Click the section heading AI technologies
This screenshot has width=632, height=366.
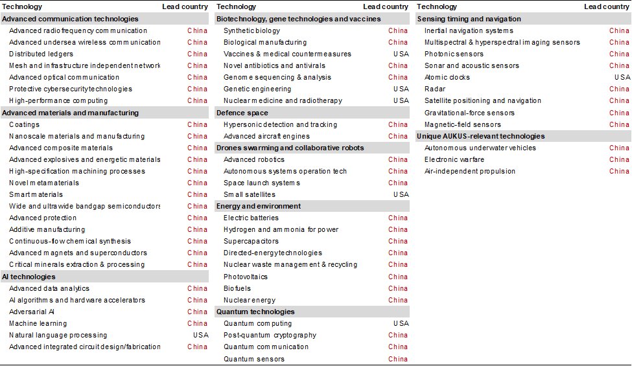[29, 277]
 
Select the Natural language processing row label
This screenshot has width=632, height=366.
[58, 335]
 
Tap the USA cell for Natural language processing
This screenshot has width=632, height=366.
[200, 335]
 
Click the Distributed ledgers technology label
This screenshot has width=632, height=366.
[41, 54]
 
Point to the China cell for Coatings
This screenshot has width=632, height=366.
[198, 124]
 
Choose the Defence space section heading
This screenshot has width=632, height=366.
[242, 113]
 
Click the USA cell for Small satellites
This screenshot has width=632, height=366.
[401, 194]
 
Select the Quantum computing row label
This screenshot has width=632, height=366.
[257, 323]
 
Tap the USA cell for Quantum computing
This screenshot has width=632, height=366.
[401, 323]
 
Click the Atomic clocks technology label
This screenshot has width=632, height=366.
[447, 77]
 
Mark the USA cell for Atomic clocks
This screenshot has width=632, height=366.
[622, 77]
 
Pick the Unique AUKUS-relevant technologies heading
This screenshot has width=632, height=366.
[480, 136]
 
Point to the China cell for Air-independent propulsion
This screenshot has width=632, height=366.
[619, 171]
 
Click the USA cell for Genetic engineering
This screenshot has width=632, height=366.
[401, 89]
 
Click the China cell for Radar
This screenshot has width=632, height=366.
[619, 89]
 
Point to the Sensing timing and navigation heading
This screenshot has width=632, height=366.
[468, 19]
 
